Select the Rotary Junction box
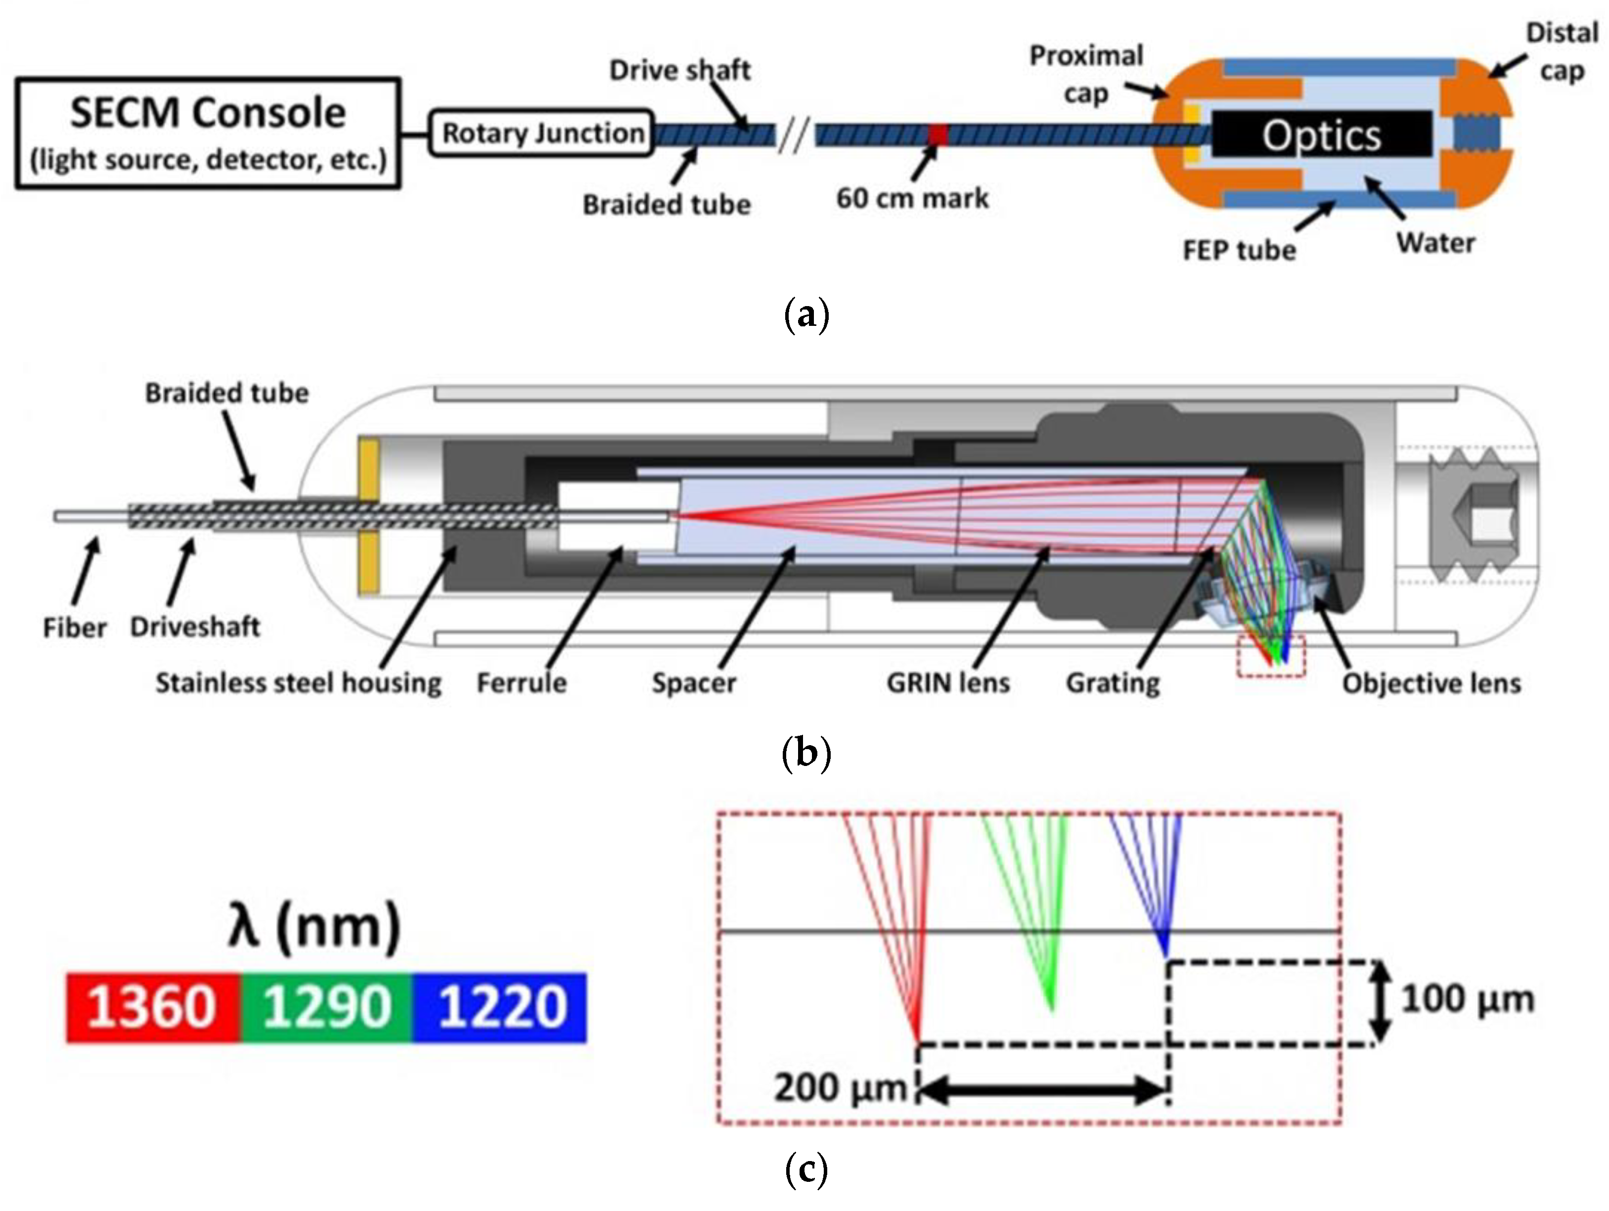pos(542,133)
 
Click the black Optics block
pos(1320,135)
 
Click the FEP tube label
pos(1239,250)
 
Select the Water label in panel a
pos(1435,242)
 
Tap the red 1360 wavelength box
pos(153,1007)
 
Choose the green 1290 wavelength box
pos(326,1007)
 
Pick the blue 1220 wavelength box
pos(500,1007)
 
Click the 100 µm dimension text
pos(1467,999)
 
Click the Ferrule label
pos(521,683)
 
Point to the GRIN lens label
pos(948,683)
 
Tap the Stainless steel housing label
pos(298,683)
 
